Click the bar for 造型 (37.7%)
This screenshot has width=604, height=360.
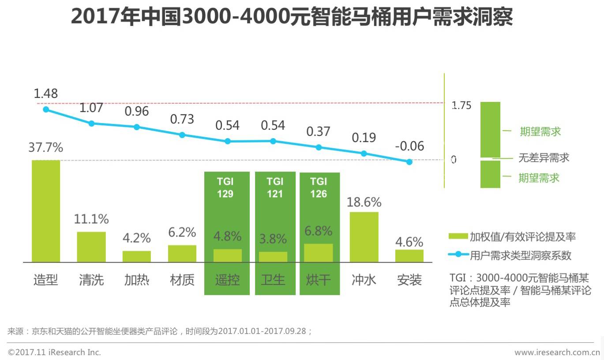click(46, 211)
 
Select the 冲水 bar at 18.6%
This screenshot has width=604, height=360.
click(364, 237)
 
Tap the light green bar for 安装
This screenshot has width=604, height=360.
click(409, 256)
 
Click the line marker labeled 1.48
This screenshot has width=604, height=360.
click(46, 109)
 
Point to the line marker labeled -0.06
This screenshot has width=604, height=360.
click(409, 162)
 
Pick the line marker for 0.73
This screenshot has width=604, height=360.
click(182, 135)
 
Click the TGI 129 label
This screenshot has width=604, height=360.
click(225, 187)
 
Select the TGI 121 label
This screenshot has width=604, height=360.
click(274, 187)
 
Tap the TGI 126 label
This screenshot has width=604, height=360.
click(318, 187)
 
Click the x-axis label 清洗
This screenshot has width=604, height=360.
click(91, 280)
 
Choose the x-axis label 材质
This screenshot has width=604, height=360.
click(182, 280)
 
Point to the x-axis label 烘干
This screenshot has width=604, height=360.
click(318, 280)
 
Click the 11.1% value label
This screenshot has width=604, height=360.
click(92, 218)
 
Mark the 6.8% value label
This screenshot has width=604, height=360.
click(318, 231)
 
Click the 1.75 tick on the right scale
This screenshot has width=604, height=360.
click(461, 105)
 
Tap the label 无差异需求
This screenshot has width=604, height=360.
click(544, 157)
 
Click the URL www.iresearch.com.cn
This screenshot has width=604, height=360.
click(557, 352)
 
